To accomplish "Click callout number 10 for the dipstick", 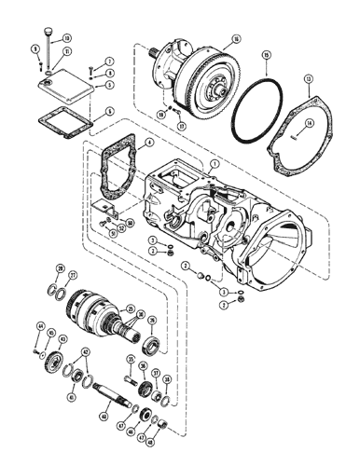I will pos(67,37).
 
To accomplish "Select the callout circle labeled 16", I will pos(236,39).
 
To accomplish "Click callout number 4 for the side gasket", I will pos(149,143).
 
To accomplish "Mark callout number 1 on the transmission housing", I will pos(215,162).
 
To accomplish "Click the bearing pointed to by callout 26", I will pos(150,350).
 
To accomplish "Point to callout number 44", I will pos(40,325).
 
